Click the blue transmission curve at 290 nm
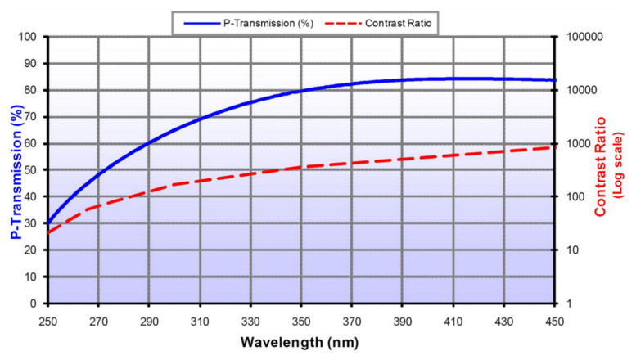pos(150,143)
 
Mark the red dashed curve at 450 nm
pos(554,147)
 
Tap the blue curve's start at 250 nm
pos(49,223)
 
